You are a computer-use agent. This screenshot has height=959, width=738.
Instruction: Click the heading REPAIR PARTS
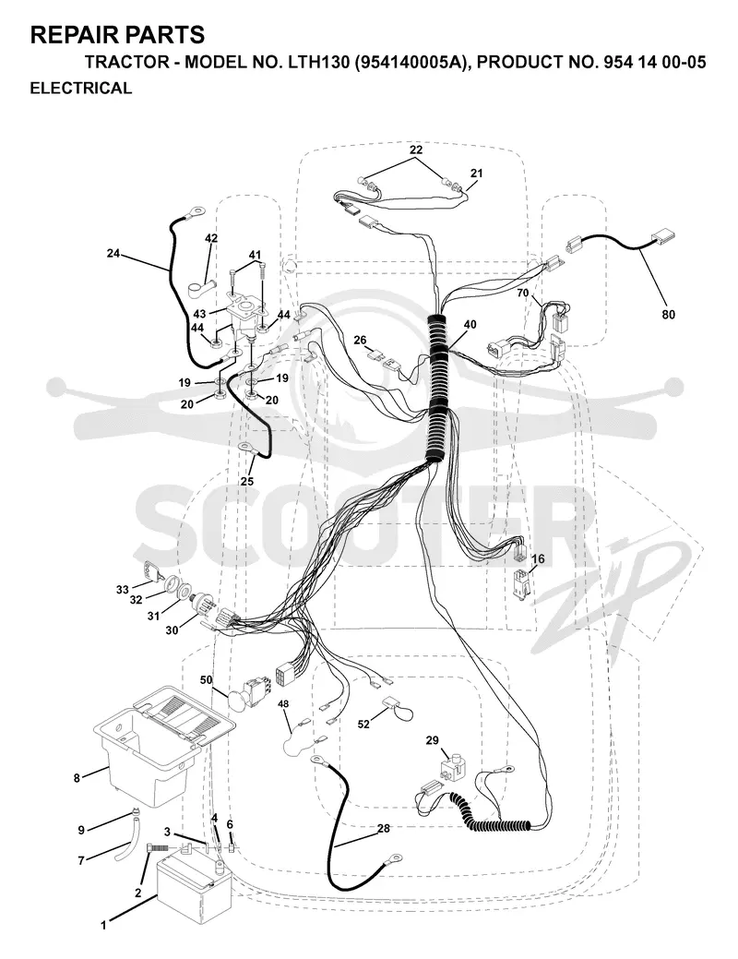[x=117, y=35]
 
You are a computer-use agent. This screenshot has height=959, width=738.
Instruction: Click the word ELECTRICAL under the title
[x=80, y=88]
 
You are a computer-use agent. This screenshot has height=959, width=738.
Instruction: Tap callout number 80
[x=668, y=315]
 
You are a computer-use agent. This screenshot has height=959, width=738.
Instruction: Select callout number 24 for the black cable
[x=113, y=253]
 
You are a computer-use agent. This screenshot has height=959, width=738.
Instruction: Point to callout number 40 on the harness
[x=470, y=325]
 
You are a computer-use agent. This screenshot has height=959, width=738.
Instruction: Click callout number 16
[x=538, y=559]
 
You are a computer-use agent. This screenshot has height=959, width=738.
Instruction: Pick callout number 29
[x=433, y=740]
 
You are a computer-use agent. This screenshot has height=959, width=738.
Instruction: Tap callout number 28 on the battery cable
[x=384, y=828]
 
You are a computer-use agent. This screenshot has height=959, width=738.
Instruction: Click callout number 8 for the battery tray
[x=77, y=779]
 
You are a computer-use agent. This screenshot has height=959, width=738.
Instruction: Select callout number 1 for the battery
[x=103, y=926]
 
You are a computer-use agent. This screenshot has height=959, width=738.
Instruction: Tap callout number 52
[x=363, y=725]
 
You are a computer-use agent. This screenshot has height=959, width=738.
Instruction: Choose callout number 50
[x=206, y=679]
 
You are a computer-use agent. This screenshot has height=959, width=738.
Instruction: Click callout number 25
[x=246, y=481]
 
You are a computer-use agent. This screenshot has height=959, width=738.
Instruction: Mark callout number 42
[x=211, y=238]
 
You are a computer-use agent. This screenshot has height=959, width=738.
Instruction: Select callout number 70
[x=522, y=293]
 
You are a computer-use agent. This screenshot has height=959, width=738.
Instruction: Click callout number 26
[x=360, y=340]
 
